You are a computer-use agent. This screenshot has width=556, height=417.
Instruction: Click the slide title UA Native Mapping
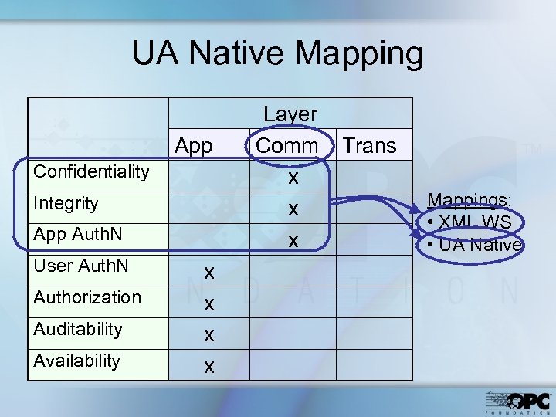coord(278,54)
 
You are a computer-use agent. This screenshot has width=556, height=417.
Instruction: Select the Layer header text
coord(290,114)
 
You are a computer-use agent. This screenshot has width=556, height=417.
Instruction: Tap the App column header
coord(194,145)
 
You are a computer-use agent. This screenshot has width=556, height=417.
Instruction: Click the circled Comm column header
coord(286,145)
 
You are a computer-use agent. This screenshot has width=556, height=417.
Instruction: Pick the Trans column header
coord(369,145)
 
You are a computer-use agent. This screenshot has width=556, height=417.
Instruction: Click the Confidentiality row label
coord(91,171)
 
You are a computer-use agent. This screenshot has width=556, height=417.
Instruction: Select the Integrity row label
coord(66,203)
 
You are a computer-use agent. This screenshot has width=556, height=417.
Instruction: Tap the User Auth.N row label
coord(81,266)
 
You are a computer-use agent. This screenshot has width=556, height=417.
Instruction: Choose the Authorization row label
coord(87,297)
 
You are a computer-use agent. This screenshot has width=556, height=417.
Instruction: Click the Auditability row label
coord(78,329)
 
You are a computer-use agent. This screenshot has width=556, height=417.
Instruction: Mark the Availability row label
coord(76,361)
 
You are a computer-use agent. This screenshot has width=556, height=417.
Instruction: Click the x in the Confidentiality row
coord(293,178)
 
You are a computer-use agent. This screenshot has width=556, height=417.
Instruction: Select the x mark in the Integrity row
coord(293,209)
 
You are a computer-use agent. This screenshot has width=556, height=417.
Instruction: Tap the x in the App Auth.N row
coord(293,241)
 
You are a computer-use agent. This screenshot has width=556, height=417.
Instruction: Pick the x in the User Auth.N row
coord(208,272)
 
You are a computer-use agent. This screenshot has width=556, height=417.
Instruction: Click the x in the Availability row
coord(208,366)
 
